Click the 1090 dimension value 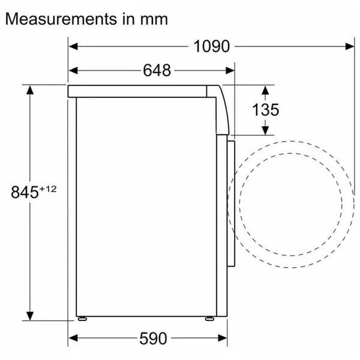(x=211, y=46)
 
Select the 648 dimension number (x=157, y=70)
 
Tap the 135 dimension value (x=265, y=110)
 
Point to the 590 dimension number (x=153, y=338)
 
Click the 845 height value (x=25, y=192)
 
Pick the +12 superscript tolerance (x=48, y=189)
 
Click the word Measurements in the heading (x=61, y=19)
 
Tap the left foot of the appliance (x=82, y=319)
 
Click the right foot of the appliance (x=209, y=319)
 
